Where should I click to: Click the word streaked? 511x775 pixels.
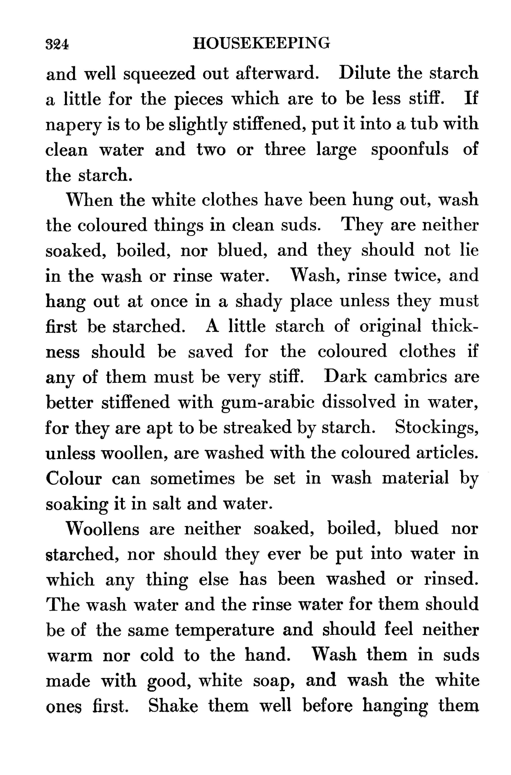(x=257, y=428)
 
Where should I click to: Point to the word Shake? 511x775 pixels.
(x=173, y=706)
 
